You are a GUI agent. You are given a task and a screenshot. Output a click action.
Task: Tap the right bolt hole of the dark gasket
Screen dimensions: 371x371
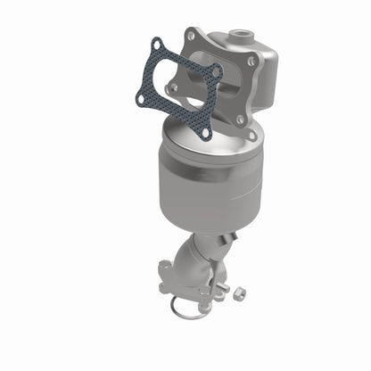tap(216, 70)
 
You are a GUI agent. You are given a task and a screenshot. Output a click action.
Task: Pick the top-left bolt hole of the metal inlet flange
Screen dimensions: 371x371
tap(190, 35)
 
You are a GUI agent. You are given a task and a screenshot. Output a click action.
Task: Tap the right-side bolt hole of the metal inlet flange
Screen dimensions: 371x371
tap(252, 62)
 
